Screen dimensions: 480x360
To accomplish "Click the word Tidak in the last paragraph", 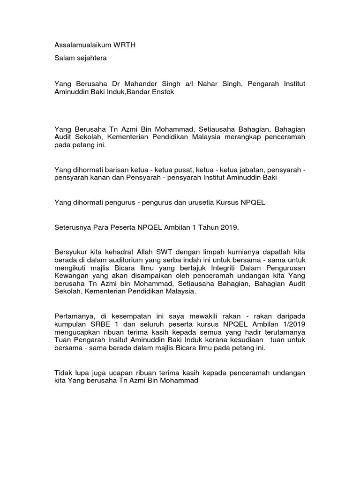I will tap(64, 373).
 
